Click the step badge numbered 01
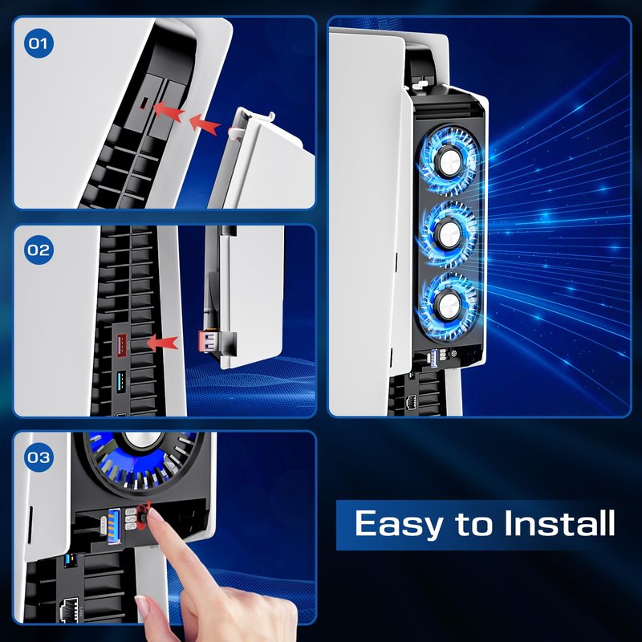pos(39,43)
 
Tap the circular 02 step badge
pos(39,250)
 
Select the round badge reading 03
pos(39,457)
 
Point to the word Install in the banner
pos(559,522)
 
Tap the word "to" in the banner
pos(473,524)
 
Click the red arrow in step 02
pos(163,343)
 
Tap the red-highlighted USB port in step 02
pos(122,345)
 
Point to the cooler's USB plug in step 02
pos(206,342)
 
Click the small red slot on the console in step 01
pos(144,104)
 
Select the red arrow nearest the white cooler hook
pos(204,124)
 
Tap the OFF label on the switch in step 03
pos(131,511)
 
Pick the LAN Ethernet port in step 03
pos(69,610)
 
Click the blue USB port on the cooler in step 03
pos(114,526)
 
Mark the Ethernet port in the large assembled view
pos(410,403)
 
